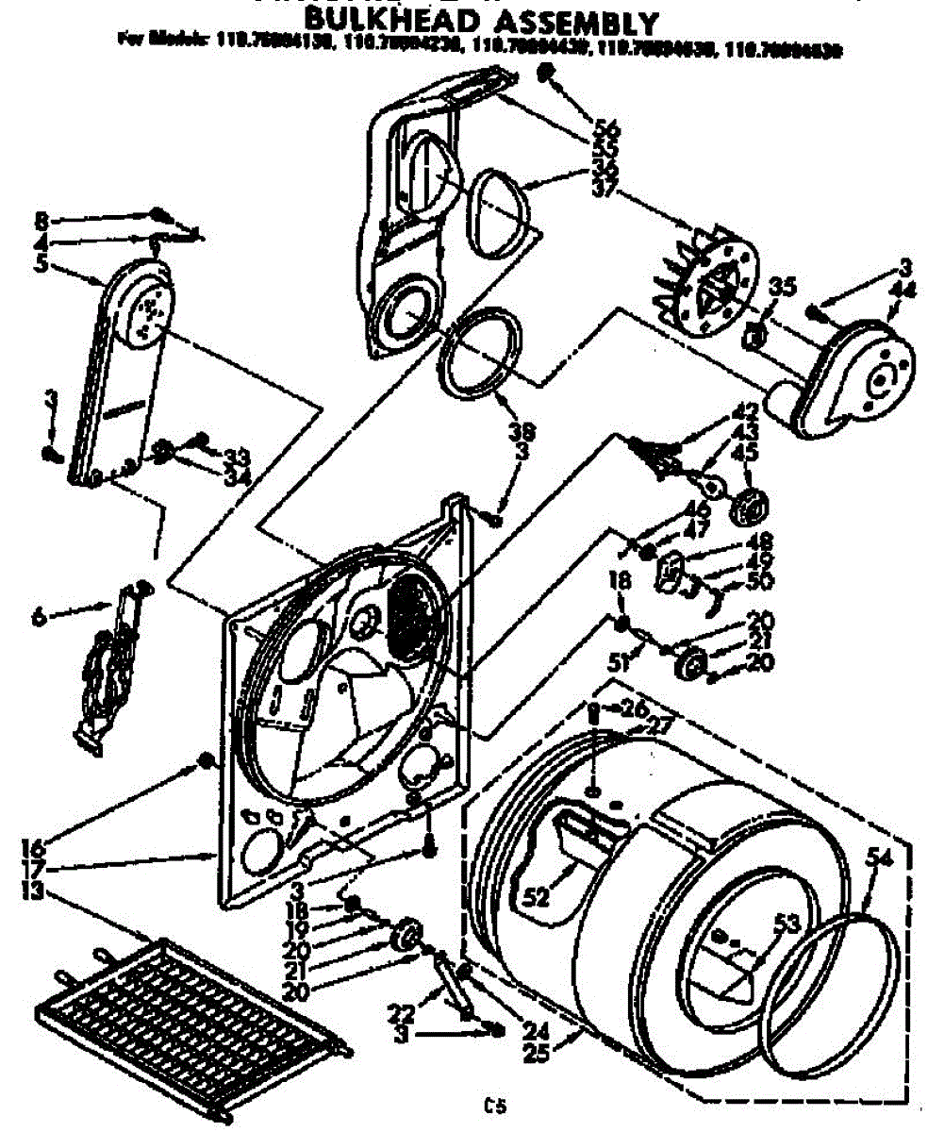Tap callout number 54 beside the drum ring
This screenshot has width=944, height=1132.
pos(879,857)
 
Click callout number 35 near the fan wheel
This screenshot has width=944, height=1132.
pos(778,286)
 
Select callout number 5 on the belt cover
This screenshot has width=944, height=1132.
pos(40,265)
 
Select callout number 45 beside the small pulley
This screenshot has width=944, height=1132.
pos(751,452)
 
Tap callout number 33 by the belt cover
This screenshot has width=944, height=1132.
pos(234,456)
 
